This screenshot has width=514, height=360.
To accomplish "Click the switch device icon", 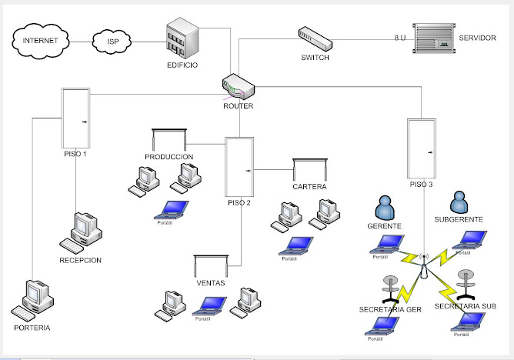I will [315, 37].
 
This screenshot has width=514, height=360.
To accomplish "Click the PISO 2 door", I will [239, 167].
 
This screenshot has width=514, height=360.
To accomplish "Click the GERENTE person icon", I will [383, 207].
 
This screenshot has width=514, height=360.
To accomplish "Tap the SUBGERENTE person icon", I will [459, 202].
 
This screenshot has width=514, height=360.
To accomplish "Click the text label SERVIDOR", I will [477, 38].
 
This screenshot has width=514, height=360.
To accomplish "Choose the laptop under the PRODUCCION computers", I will [174, 208].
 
